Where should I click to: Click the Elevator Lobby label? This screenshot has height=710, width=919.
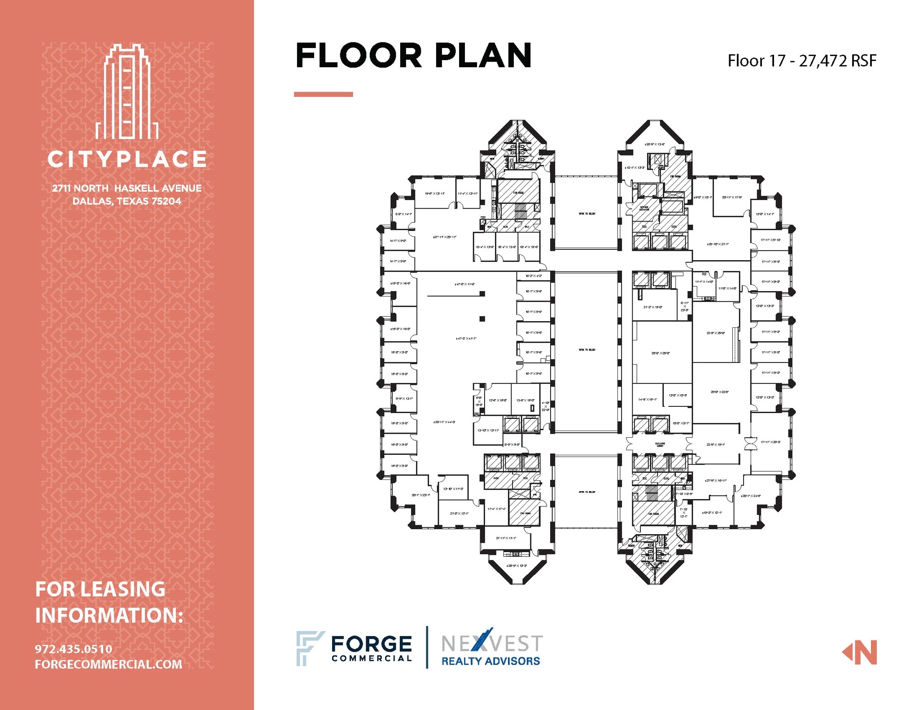point(660,444)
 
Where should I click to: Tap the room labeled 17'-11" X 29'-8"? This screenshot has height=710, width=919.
point(770,442)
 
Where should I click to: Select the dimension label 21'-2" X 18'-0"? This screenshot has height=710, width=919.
point(653,307)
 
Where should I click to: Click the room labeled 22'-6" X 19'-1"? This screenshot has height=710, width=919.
point(715,444)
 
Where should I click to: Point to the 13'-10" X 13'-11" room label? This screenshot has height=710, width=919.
point(488,431)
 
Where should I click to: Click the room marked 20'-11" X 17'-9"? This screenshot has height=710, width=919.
point(732,197)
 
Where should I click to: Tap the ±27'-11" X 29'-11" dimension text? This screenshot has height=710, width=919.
point(444,237)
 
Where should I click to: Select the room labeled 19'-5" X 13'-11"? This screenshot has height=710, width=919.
point(434,194)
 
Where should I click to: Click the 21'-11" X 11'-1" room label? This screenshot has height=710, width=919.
point(506,538)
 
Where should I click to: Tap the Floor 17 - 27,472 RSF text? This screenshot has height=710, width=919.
point(801,61)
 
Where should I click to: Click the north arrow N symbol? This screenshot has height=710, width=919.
point(860,652)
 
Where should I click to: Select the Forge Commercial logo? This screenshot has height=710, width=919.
point(354,648)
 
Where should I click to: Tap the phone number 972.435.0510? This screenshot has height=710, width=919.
point(74,649)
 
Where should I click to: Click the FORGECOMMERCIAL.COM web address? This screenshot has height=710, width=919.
point(109,664)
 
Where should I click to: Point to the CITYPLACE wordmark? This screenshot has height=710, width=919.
point(127,159)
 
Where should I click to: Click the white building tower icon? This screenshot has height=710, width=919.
point(127,92)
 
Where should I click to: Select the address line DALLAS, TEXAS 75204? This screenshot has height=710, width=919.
point(127,201)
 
